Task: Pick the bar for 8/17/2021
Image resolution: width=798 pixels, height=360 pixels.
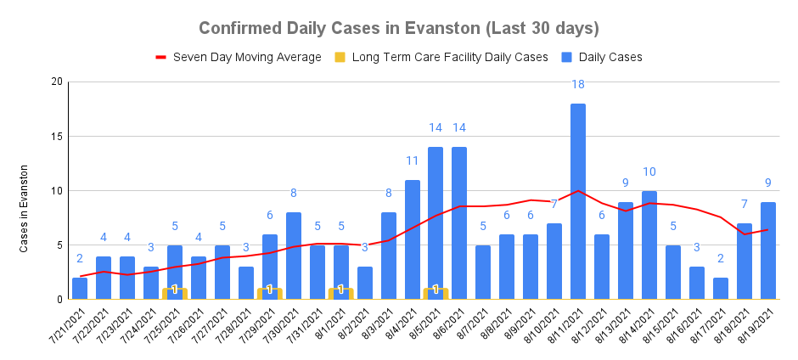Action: [x=721, y=289]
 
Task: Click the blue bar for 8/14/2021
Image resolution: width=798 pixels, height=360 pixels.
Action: [x=649, y=245]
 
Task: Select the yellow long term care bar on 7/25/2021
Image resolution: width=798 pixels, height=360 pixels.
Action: [x=174, y=293]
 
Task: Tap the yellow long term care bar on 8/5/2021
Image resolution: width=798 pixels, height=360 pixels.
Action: [x=436, y=293]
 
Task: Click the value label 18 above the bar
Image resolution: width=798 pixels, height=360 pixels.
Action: [x=578, y=85]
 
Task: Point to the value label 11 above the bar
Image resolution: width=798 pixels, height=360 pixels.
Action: [x=412, y=160]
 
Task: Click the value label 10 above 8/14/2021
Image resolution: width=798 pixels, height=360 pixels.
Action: [x=649, y=172]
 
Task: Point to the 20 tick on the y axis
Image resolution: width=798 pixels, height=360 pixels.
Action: [x=57, y=82]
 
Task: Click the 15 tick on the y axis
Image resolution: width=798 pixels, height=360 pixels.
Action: [x=57, y=136]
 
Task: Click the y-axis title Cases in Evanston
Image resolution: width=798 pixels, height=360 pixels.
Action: [x=25, y=208]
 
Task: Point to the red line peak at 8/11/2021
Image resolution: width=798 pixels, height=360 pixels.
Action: [x=578, y=190]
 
